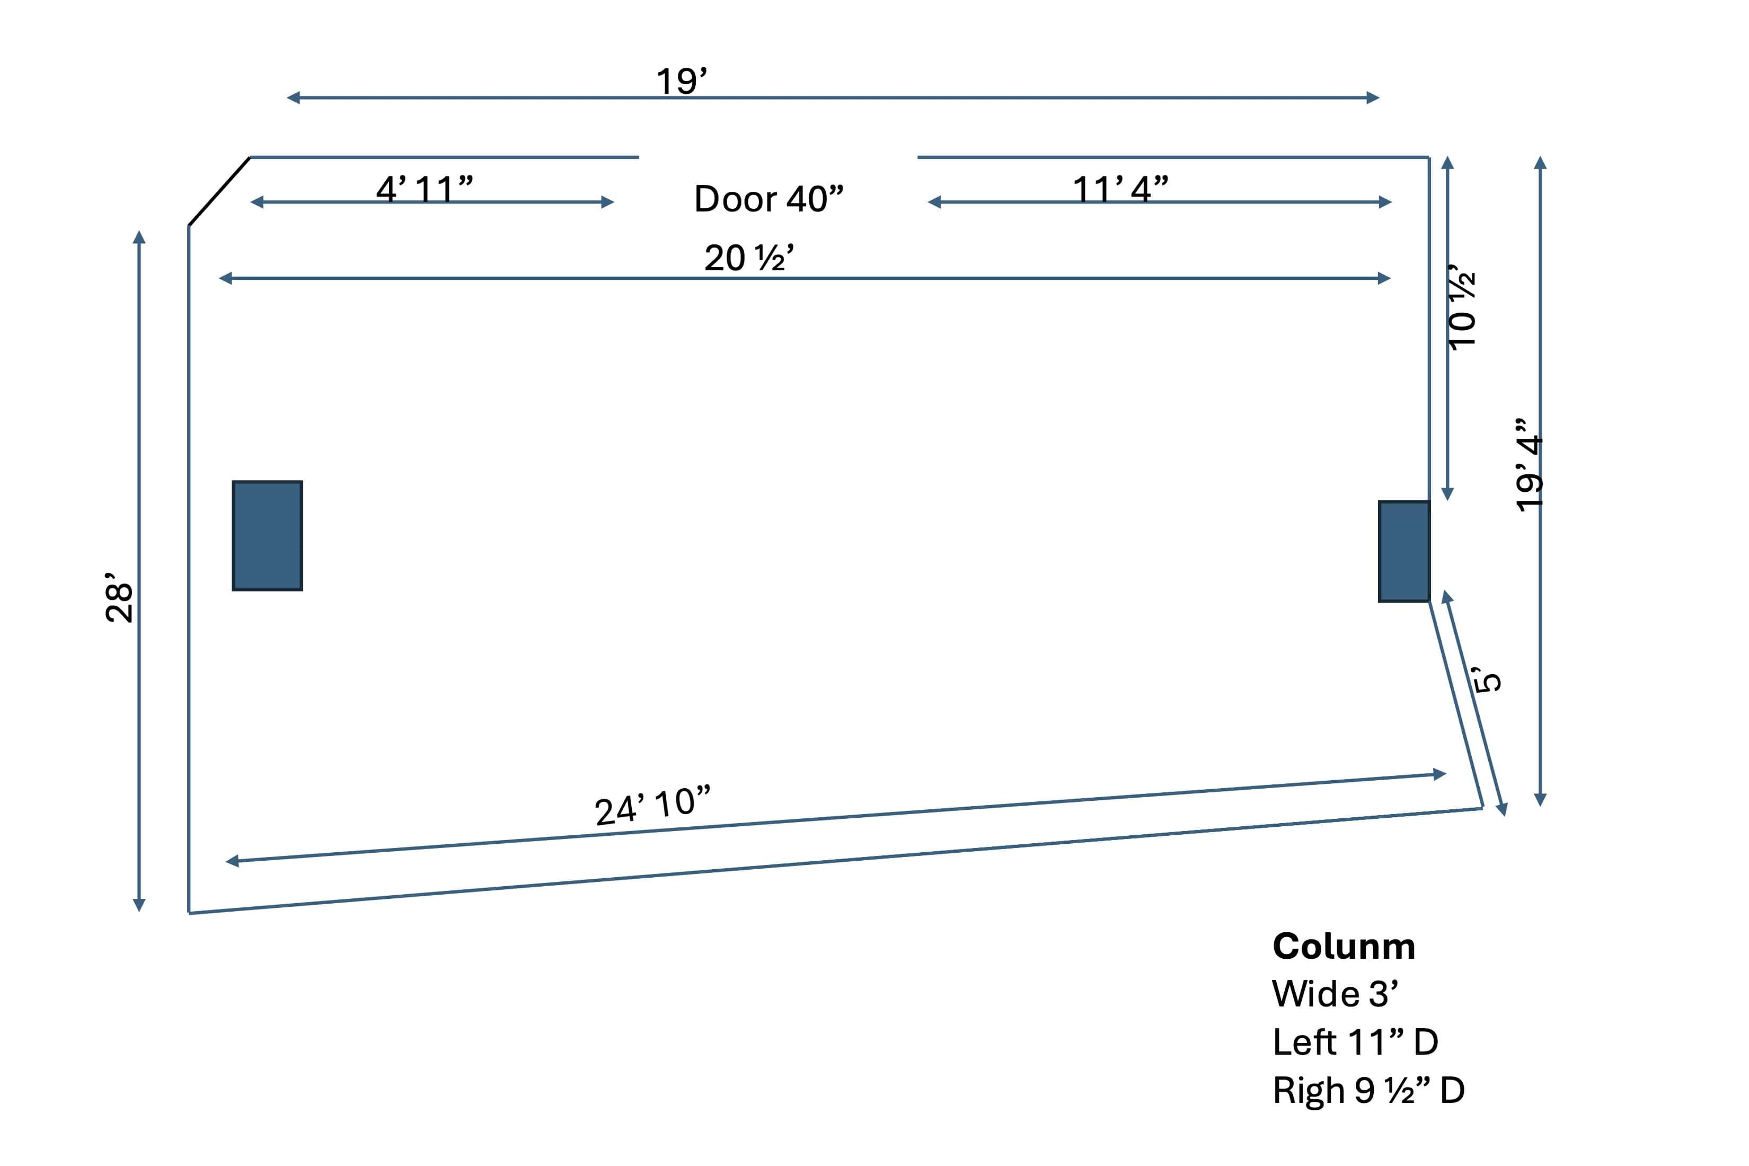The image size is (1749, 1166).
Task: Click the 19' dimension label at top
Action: pyautogui.click(x=681, y=81)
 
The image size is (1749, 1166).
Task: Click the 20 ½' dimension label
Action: pyautogui.click(x=749, y=258)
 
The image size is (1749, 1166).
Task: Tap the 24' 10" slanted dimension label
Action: pyautogui.click(x=652, y=806)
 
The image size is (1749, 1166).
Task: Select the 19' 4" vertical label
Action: pyautogui.click(x=1530, y=465)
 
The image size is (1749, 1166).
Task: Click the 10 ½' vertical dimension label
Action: pyautogui.click(x=1462, y=306)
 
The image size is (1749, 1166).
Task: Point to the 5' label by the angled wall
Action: pyautogui.click(x=1487, y=679)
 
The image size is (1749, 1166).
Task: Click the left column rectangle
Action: pyautogui.click(x=267, y=535)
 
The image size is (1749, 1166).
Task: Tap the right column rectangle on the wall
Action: pyautogui.click(x=1403, y=551)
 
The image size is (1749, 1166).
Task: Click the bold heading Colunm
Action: pyautogui.click(x=1343, y=947)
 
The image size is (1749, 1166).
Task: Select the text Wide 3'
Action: pyautogui.click(x=1335, y=994)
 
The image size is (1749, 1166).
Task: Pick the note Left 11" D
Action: pyautogui.click(x=1355, y=1042)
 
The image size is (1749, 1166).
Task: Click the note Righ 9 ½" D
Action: pyautogui.click(x=1368, y=1090)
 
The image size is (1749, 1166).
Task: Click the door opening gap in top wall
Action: pyautogui.click(x=778, y=157)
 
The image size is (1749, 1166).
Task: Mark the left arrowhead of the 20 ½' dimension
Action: pyautogui.click(x=225, y=278)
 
